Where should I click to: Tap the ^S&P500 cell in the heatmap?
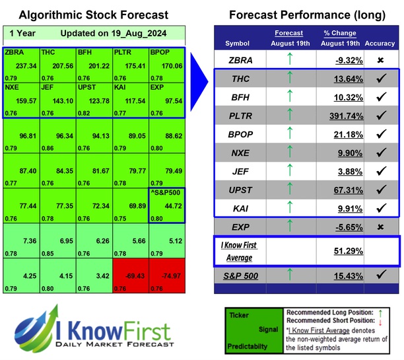[x=167, y=207]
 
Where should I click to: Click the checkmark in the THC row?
[x=380, y=79]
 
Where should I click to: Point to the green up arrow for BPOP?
[x=288, y=135]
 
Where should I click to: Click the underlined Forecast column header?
[x=288, y=33]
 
